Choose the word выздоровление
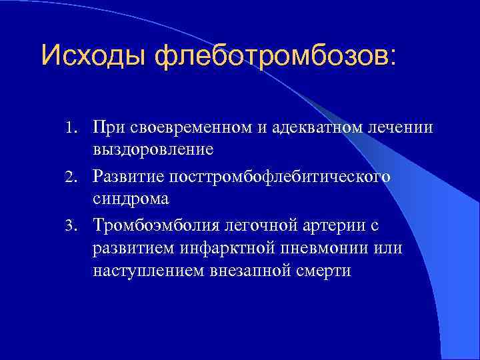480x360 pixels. pos(153,149)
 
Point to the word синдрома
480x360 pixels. pos(131,199)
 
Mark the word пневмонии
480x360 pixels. pos(327,249)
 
